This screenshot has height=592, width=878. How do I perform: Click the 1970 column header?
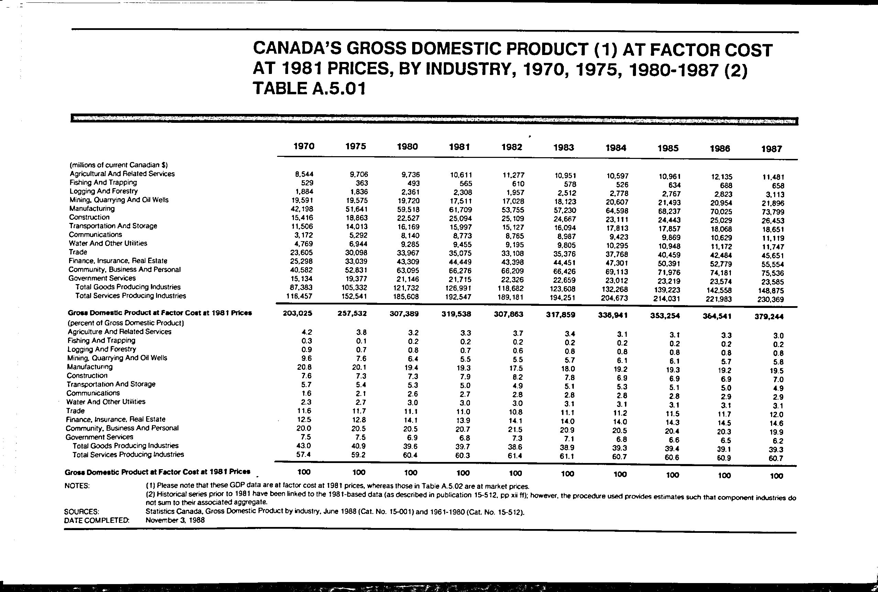[x=304, y=146]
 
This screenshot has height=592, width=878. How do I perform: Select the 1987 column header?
[x=771, y=149]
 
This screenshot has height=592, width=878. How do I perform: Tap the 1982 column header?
[x=512, y=147]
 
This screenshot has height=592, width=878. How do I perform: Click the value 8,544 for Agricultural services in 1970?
[x=304, y=174]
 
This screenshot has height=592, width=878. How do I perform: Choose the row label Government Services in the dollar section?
[x=102, y=278]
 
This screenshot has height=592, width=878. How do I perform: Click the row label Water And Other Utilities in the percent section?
[x=106, y=402]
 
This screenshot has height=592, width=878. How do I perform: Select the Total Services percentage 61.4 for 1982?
[x=515, y=456]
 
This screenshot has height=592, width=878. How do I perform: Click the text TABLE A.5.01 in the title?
[x=309, y=89]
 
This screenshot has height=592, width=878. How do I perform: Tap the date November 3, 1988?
[x=175, y=520]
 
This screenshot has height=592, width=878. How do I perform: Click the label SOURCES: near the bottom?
[x=82, y=512]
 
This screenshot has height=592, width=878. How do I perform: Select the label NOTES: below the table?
[x=77, y=486]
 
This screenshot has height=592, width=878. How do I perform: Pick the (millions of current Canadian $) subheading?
[x=119, y=165]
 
